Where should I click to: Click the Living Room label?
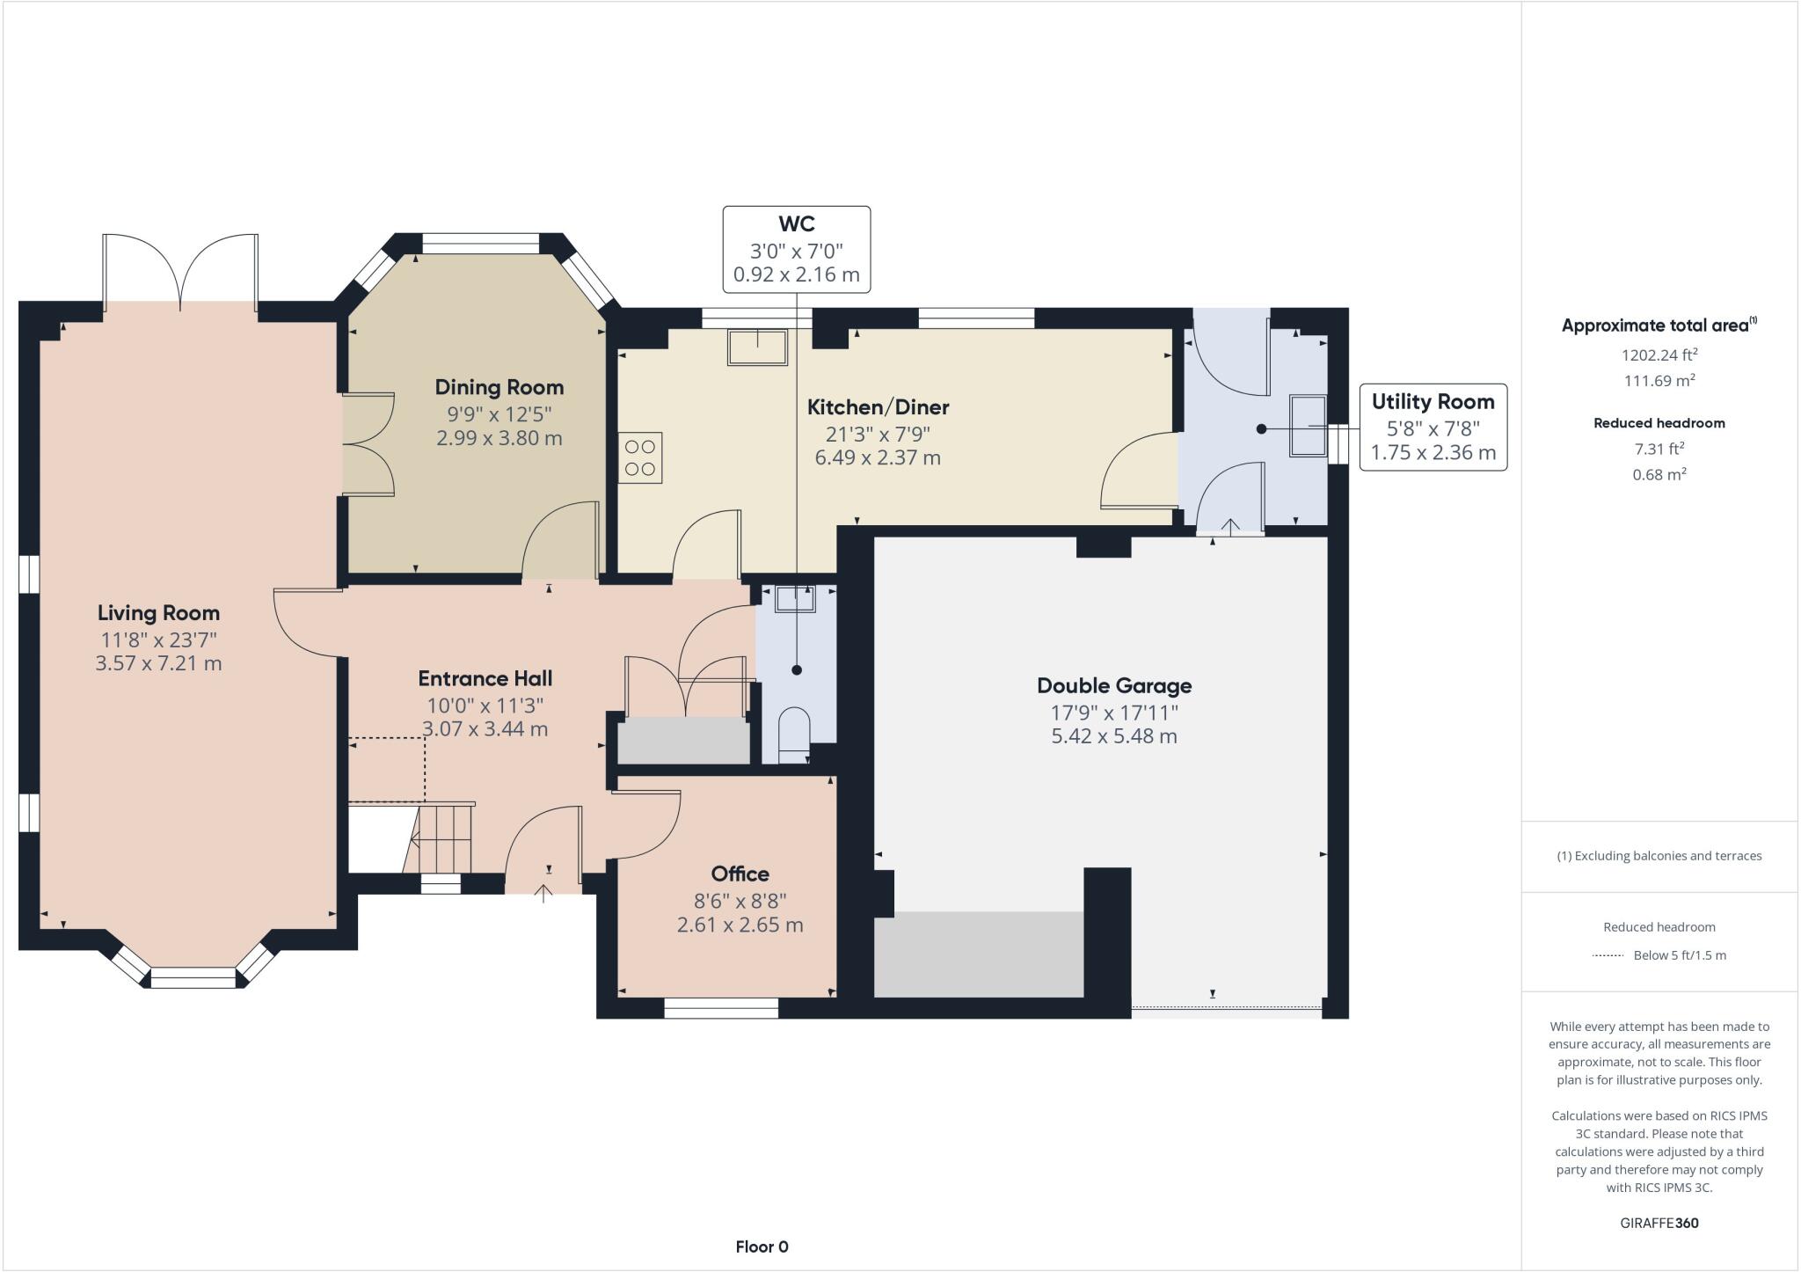click(158, 613)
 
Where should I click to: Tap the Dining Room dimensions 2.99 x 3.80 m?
click(499, 438)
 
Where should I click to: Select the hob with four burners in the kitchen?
click(640, 457)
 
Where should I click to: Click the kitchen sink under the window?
click(757, 347)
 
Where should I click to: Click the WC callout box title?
click(796, 223)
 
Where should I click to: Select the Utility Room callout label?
click(1433, 402)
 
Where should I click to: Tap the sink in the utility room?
click(1308, 426)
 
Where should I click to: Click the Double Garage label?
click(1113, 686)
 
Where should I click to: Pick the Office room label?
click(740, 874)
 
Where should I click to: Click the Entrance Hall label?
click(485, 678)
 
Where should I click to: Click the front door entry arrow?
click(543, 893)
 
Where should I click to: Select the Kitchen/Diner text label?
click(878, 407)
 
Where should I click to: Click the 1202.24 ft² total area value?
click(1659, 355)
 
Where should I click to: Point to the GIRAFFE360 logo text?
click(1659, 1223)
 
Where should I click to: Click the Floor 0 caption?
click(762, 1246)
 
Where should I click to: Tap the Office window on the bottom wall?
click(720, 1008)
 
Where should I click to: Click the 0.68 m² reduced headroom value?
click(1659, 475)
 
